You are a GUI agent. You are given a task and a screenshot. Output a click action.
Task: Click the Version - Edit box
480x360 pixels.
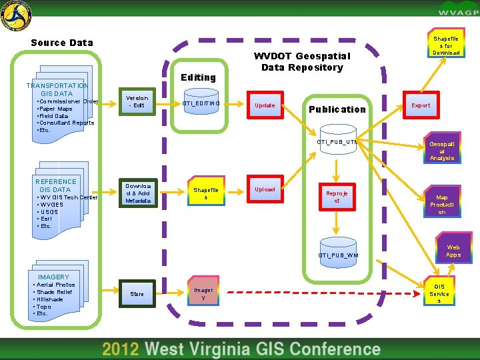138,101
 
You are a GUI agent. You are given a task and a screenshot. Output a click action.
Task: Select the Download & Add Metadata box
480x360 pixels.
138,193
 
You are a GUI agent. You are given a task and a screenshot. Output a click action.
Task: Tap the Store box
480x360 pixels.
137,293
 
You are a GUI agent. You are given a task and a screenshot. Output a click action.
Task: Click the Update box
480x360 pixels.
265,105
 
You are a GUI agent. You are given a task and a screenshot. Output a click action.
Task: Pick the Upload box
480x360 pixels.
265,189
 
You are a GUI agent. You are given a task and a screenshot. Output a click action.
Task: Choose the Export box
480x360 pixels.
421,105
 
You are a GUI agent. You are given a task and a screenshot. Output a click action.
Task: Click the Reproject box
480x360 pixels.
337,197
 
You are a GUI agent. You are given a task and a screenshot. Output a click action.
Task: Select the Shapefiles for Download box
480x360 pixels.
447,46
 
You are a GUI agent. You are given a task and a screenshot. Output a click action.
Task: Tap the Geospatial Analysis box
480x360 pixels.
442,151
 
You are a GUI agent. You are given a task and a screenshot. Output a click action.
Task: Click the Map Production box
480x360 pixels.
442,205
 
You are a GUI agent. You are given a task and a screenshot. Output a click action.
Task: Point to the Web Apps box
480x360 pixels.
453,251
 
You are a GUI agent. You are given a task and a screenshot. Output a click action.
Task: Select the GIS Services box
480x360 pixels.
439,293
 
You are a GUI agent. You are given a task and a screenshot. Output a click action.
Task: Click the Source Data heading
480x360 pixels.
62,43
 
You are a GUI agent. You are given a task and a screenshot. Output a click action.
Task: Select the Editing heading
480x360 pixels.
198,77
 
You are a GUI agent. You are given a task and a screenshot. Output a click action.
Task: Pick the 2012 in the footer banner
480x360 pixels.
121,349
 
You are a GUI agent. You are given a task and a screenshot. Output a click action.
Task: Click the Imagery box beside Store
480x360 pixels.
204,293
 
